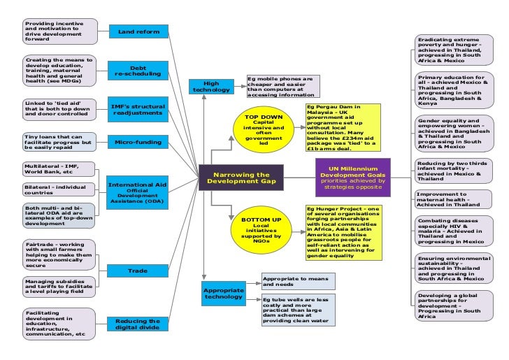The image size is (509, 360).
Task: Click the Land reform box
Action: click(x=138, y=31)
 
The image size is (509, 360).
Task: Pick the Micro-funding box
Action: click(x=138, y=143)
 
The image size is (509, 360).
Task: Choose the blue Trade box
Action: click(x=138, y=270)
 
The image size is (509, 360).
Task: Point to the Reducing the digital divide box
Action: click(x=138, y=324)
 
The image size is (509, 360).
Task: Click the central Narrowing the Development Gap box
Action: click(x=241, y=178)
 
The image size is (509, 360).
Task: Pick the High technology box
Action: click(x=206, y=87)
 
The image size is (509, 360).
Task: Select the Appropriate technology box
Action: click(x=223, y=294)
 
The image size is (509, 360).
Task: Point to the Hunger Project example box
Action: click(x=343, y=231)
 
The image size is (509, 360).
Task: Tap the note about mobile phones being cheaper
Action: click(x=283, y=86)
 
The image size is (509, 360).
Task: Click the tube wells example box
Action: click(x=299, y=310)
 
